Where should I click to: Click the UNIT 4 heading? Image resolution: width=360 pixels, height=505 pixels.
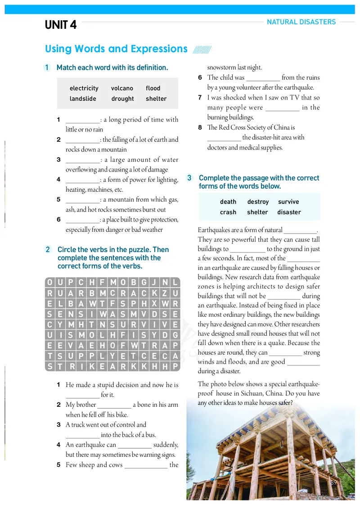tap(61, 25)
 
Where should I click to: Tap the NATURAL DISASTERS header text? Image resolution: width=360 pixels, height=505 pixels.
tap(301, 22)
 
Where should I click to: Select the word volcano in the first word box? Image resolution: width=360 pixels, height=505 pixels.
tap(122, 88)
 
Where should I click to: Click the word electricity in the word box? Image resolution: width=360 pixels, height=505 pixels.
tap(84, 88)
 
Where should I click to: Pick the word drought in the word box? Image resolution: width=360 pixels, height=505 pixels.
tap(122, 99)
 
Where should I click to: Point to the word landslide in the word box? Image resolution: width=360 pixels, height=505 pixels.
tap(83, 99)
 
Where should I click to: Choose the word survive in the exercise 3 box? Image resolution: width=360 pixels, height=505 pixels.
tap(288, 202)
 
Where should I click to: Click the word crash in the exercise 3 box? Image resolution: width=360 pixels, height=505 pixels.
tap(228, 212)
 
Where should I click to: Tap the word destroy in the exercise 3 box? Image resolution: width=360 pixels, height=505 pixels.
tap(258, 202)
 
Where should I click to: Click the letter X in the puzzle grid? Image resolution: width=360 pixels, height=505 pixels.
tap(154, 303)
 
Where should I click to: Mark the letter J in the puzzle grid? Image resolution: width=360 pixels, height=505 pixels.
tap(154, 283)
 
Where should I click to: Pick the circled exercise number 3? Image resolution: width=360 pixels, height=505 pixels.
tap(189, 178)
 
